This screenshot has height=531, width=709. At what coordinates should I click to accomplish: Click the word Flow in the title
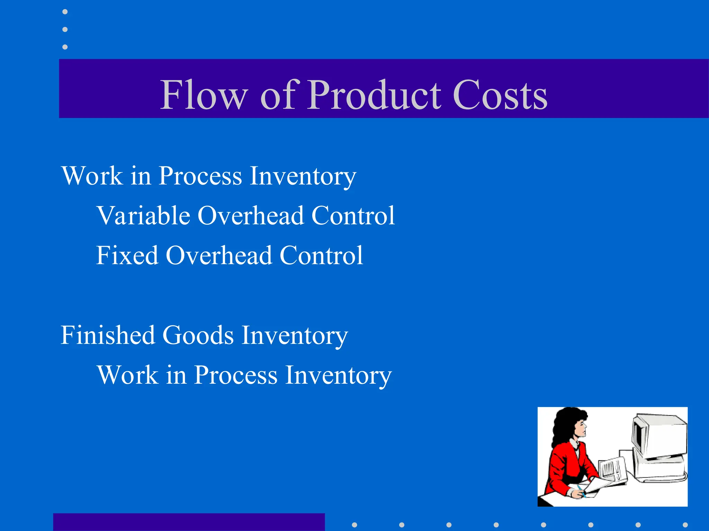click(x=204, y=95)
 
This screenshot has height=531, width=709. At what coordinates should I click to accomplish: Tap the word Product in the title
click(x=374, y=95)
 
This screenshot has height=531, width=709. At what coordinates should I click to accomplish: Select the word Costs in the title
click(x=500, y=95)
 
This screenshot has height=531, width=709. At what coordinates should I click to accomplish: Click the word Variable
click(x=143, y=215)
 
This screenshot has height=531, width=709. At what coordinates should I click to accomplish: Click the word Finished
click(x=108, y=335)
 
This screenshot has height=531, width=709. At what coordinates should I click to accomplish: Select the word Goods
click(x=198, y=335)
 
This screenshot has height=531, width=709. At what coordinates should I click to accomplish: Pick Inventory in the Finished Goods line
click(x=295, y=336)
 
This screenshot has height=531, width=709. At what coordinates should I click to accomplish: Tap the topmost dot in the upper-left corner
click(x=65, y=12)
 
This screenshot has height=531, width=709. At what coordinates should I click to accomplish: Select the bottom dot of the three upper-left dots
click(x=65, y=47)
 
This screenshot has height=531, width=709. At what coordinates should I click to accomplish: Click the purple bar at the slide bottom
click(x=189, y=522)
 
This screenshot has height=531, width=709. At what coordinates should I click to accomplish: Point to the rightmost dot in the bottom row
click(x=685, y=525)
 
